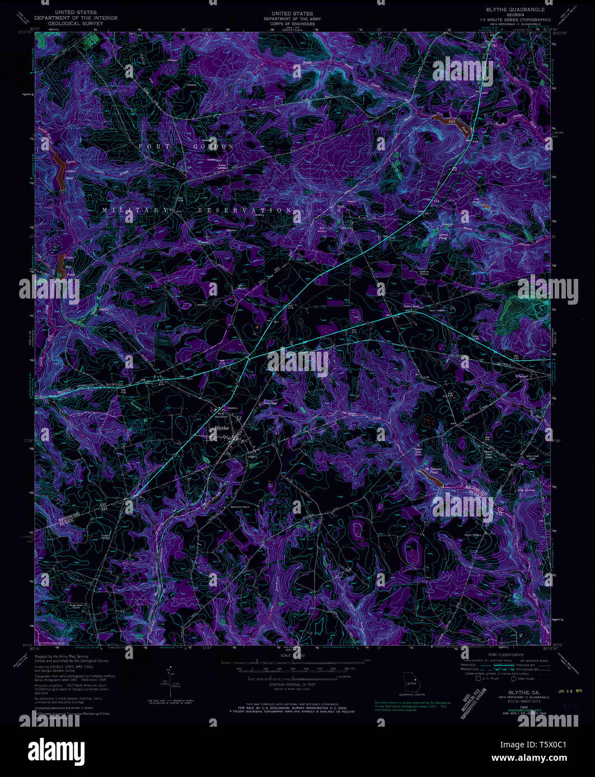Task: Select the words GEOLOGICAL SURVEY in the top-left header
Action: [x=76, y=24]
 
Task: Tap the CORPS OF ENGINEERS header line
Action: [x=292, y=24]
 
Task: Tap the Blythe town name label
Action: [x=218, y=428]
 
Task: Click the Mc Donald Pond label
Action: [x=432, y=471]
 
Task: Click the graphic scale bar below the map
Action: [x=297, y=662]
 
